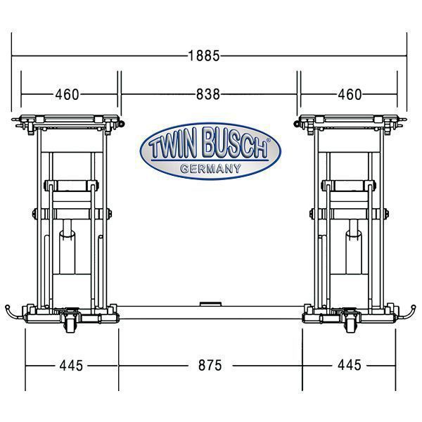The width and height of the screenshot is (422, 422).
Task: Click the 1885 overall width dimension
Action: pyautogui.click(x=204, y=56)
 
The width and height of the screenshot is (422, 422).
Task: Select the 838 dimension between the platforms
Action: pyautogui.click(x=207, y=94)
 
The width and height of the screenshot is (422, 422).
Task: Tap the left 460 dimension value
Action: pyautogui.click(x=67, y=94)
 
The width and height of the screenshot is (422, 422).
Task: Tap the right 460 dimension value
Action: pyautogui.click(x=350, y=94)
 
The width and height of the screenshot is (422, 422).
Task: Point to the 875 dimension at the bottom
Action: pyautogui.click(x=210, y=366)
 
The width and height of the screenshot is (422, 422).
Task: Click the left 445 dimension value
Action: pyautogui.click(x=71, y=366)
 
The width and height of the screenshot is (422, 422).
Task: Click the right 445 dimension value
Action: pyautogui.click(x=350, y=365)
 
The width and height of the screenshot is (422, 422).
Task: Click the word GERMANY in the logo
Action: pyautogui.click(x=210, y=169)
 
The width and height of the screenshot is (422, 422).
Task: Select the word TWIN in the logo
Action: pyautogui.click(x=172, y=146)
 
